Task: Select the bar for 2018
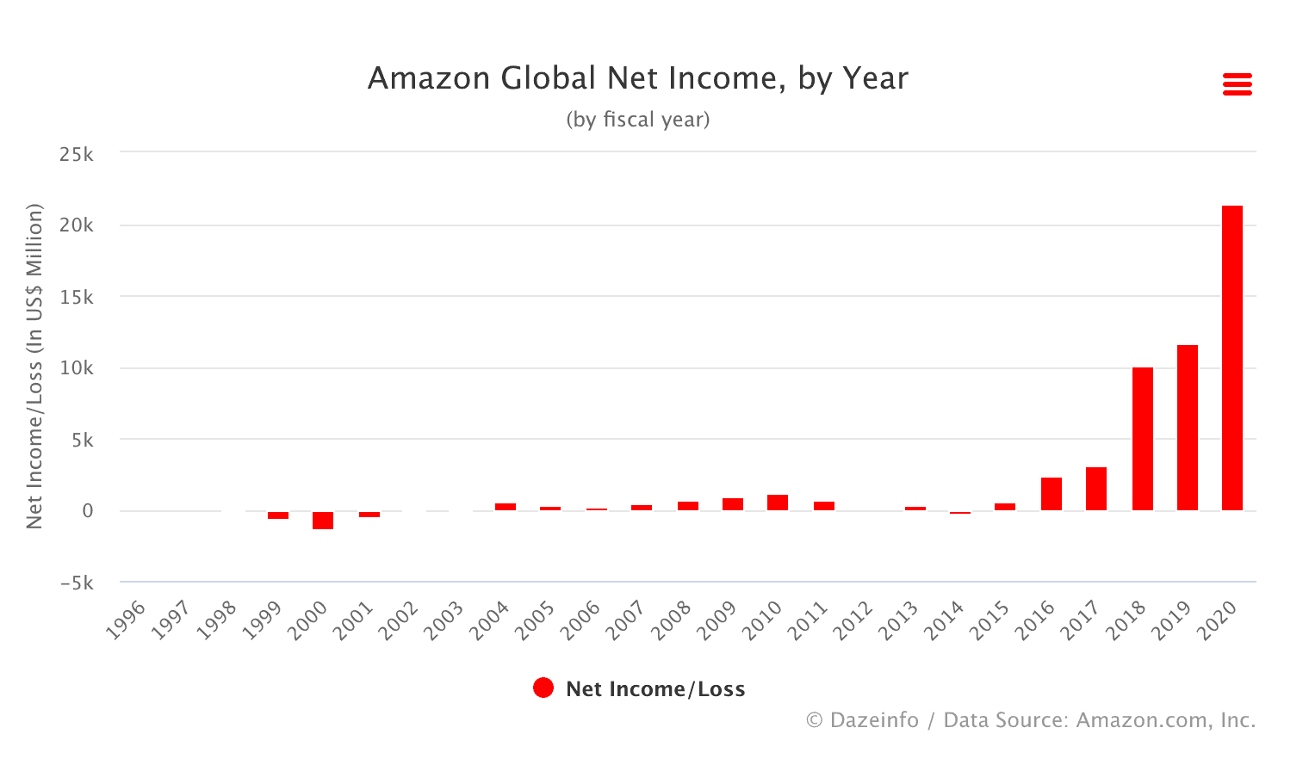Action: click(x=1142, y=439)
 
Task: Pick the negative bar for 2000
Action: click(x=323, y=520)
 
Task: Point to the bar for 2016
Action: click(x=1051, y=494)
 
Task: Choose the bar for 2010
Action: click(x=777, y=503)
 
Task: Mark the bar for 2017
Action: click(x=1095, y=489)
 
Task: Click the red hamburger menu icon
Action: click(x=1237, y=84)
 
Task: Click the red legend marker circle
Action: click(x=543, y=688)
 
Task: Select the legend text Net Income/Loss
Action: click(x=655, y=689)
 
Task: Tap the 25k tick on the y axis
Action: click(x=77, y=155)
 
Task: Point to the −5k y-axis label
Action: click(x=77, y=583)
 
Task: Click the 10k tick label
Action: click(x=77, y=368)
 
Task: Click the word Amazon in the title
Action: click(x=428, y=78)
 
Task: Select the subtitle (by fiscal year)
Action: click(x=638, y=120)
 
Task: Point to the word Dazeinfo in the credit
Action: click(x=873, y=720)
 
